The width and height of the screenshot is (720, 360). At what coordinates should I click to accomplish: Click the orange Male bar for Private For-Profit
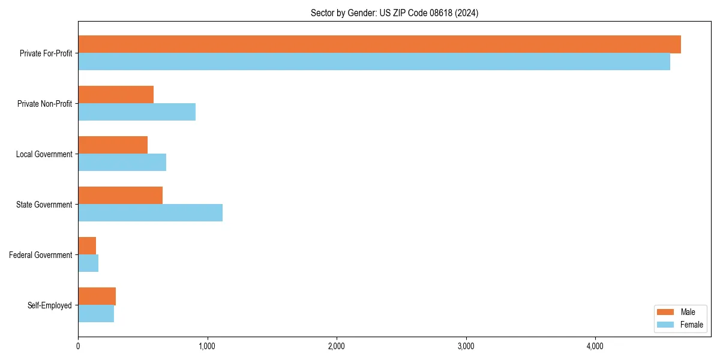pyautogui.click(x=379, y=44)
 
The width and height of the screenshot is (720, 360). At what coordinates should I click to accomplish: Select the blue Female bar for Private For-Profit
pyautogui.click(x=374, y=62)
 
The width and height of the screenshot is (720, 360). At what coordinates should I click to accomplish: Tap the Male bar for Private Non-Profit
pyautogui.click(x=116, y=95)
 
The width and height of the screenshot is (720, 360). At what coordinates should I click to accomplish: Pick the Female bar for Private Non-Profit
pyautogui.click(x=137, y=112)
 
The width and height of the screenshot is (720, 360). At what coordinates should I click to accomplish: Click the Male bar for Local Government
pyautogui.click(x=113, y=145)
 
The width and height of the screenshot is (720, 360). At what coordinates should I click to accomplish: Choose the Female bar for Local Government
pyautogui.click(x=122, y=163)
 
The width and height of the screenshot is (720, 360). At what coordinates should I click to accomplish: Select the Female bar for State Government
pyautogui.click(x=150, y=213)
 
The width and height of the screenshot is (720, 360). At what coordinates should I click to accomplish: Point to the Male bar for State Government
pyautogui.click(x=120, y=196)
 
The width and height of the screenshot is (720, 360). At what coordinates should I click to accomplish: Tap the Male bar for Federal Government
pyautogui.click(x=87, y=246)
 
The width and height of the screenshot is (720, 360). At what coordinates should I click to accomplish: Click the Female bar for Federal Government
pyautogui.click(x=88, y=263)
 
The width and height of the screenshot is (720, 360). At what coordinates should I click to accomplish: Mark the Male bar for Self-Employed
pyautogui.click(x=97, y=296)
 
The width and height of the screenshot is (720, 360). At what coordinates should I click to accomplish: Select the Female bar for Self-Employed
pyautogui.click(x=96, y=314)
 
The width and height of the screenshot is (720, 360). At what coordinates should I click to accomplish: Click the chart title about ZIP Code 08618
pyautogui.click(x=394, y=13)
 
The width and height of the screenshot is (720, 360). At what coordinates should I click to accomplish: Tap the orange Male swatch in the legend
pyautogui.click(x=666, y=312)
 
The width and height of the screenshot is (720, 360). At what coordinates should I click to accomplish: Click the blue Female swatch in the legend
pyautogui.click(x=666, y=325)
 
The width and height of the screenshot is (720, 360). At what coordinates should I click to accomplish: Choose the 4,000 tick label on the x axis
pyautogui.click(x=595, y=346)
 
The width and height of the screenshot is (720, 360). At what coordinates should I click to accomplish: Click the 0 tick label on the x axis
pyautogui.click(x=78, y=346)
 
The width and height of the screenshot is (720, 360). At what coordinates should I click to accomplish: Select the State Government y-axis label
pyautogui.click(x=44, y=205)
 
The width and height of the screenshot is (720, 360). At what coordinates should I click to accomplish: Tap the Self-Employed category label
pyautogui.click(x=49, y=305)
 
